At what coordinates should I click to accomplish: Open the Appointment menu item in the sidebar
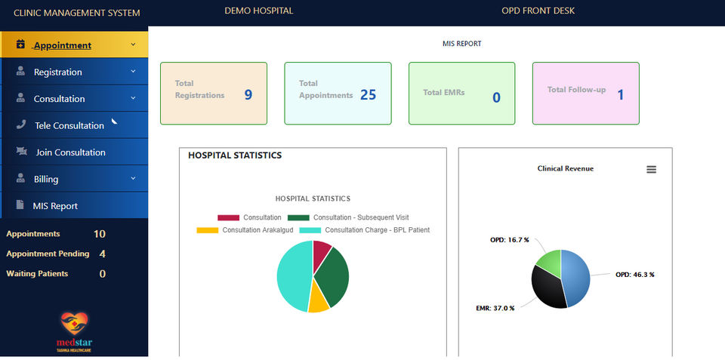(x=62, y=45)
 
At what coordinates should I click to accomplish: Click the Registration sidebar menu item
(x=58, y=72)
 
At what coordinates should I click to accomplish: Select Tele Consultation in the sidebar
(x=69, y=126)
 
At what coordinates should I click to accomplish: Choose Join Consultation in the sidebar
(x=70, y=152)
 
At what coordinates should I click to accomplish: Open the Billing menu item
(x=46, y=180)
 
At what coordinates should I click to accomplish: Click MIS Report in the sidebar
(x=55, y=206)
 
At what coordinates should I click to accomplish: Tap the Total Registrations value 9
(x=248, y=95)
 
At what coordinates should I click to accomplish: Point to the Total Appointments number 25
(x=368, y=95)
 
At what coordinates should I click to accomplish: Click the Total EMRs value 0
(x=496, y=97)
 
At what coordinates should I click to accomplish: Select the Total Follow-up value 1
(x=621, y=95)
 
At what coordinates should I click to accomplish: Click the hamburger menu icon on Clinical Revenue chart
(x=651, y=170)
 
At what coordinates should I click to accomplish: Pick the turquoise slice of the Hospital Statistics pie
(x=291, y=276)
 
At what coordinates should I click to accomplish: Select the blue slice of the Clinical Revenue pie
(x=577, y=276)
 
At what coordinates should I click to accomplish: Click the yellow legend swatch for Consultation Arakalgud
(x=207, y=230)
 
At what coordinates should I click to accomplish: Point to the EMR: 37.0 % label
(x=496, y=309)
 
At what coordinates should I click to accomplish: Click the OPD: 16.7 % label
(x=509, y=239)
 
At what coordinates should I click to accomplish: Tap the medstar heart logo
(x=74, y=325)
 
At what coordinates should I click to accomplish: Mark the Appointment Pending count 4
(x=103, y=254)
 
